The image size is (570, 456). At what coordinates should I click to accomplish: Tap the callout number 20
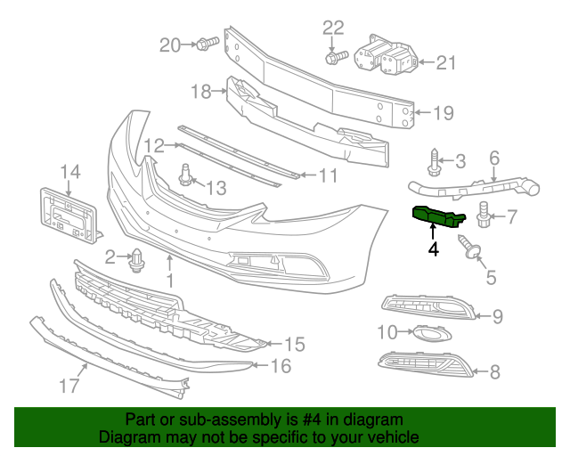point(170,44)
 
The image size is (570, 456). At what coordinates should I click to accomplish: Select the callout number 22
point(332,27)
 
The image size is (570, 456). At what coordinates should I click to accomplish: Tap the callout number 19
point(444,113)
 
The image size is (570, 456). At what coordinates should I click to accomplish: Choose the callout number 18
point(200,90)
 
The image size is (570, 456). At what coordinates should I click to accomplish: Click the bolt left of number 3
point(434,161)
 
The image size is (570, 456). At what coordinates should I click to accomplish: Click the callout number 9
point(497,315)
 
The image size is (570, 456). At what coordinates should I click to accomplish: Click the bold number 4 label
point(433,249)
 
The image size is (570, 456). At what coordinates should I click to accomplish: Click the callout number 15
point(294,344)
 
